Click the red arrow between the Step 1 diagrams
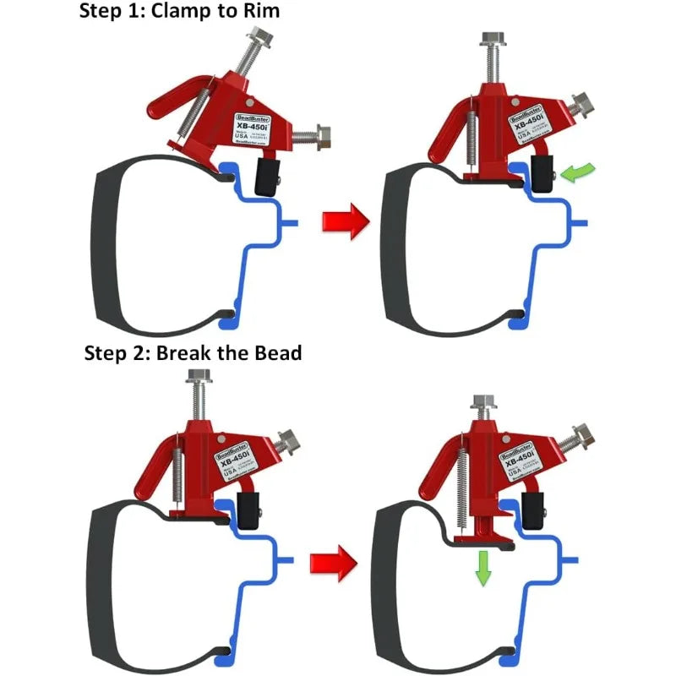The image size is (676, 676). (x=346, y=222)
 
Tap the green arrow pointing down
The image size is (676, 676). (x=482, y=567)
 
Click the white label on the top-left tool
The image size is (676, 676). (x=250, y=127)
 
